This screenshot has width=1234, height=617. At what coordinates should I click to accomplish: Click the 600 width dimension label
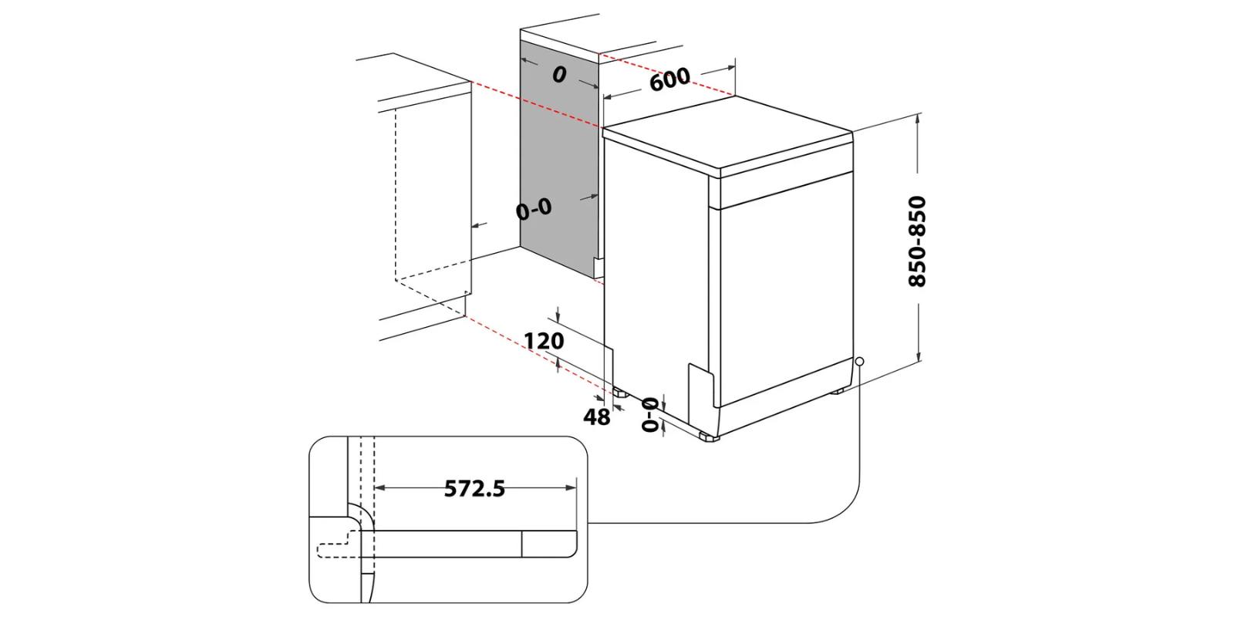pos(669,79)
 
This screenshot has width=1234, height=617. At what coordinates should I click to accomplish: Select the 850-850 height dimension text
pos(917,241)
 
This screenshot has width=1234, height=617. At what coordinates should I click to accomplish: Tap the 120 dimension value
pos(544,340)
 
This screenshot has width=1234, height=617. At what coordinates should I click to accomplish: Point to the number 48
pos(596,417)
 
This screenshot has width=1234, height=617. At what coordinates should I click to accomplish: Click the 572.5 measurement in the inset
pos(474,488)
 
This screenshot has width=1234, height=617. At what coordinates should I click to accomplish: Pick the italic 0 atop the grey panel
pos(559,74)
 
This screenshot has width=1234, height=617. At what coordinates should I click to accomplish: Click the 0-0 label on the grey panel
pos(534,208)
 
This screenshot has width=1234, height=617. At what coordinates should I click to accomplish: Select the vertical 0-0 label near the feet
pos(651,414)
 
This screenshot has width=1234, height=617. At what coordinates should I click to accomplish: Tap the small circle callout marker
pos(859,360)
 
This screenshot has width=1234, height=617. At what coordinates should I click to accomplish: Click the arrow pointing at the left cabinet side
pos(478,225)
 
